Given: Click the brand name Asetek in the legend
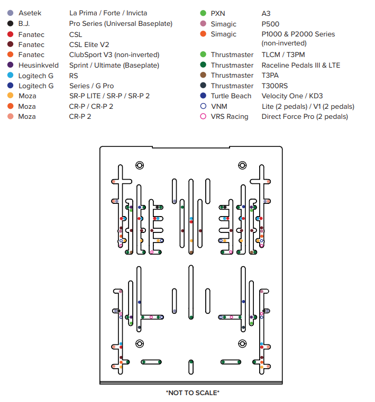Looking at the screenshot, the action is [x=30, y=13].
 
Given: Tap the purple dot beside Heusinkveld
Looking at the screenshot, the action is [x=10, y=65].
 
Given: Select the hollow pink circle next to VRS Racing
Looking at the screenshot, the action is [x=203, y=116].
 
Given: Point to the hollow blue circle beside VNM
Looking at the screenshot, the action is [x=203, y=106].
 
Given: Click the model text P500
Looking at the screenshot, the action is [x=270, y=24].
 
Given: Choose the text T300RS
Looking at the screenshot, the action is [x=275, y=86].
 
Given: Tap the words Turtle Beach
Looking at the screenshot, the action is [x=231, y=96].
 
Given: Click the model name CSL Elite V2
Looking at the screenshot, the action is [x=89, y=44].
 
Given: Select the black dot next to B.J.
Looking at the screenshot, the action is [x=10, y=24].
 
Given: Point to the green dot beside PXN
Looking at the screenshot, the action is [x=203, y=13].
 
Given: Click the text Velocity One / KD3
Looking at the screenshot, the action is [x=292, y=96].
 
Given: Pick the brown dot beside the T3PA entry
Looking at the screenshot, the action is [x=203, y=75].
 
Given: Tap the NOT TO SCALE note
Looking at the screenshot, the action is [x=193, y=393].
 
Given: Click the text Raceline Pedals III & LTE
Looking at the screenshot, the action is [x=301, y=65].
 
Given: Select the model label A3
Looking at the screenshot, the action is [x=266, y=13].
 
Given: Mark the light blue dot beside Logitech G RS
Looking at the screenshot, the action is [x=10, y=75].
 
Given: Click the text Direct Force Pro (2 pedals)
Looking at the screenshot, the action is [x=305, y=117].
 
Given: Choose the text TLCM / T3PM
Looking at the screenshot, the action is [x=283, y=54].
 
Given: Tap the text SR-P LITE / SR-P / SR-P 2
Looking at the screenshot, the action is [x=109, y=96].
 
